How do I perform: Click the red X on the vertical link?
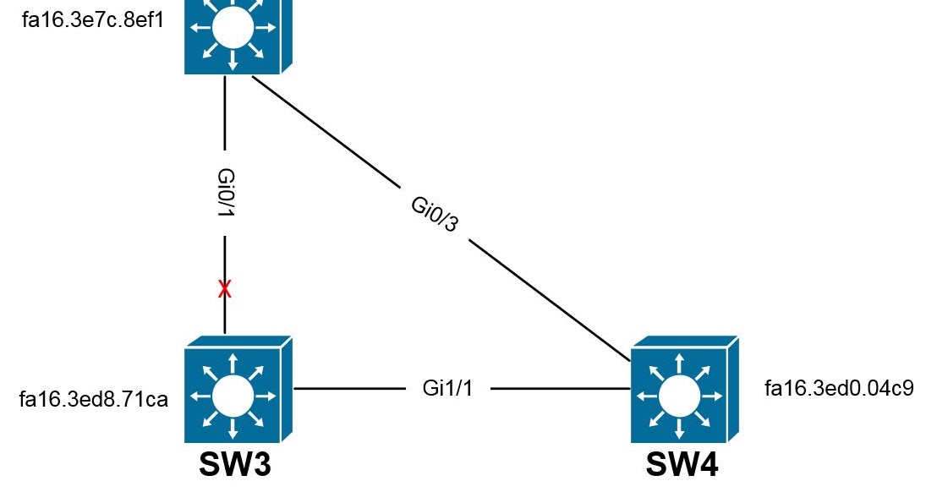pos(225,289)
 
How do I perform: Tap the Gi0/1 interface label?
pos(226,193)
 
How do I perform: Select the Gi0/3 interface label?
pos(435,214)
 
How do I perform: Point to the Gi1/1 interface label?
pos(447,388)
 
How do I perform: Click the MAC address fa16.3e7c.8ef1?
pos(93,19)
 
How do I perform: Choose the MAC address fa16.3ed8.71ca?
pos(94,399)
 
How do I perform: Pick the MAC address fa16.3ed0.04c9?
pos(839,389)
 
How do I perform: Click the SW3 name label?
pos(235,464)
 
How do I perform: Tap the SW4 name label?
pos(682,464)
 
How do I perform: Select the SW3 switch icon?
pos(238,390)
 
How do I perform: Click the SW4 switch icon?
pos(685,390)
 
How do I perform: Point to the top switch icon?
pos(238,35)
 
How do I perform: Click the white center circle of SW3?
pos(233,396)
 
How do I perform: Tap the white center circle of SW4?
pos(679,396)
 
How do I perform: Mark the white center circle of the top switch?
pos(233,27)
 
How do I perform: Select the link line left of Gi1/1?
pos(349,389)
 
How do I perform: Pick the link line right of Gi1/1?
pos(561,389)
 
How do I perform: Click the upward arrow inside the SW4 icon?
pos(679,364)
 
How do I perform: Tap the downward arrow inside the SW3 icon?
pos(233,427)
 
